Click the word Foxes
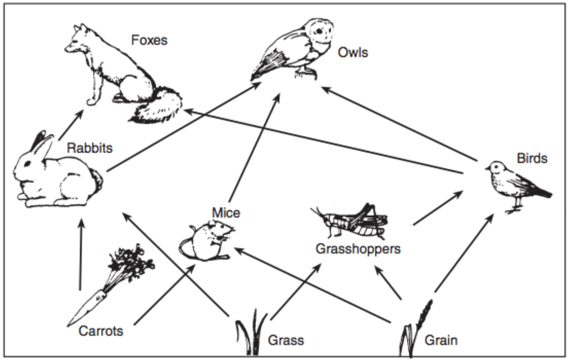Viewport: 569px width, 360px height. (x=149, y=40)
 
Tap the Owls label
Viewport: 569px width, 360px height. (x=353, y=53)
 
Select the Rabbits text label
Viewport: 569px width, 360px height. (x=89, y=148)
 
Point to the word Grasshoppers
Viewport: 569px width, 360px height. (x=358, y=249)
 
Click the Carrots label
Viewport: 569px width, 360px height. (x=101, y=331)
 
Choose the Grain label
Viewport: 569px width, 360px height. (x=441, y=340)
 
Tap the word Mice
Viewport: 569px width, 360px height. (x=226, y=213)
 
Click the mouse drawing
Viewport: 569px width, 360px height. (x=206, y=241)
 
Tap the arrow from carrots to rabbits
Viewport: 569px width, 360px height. (x=80, y=255)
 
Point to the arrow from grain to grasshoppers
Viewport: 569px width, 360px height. (x=388, y=282)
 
